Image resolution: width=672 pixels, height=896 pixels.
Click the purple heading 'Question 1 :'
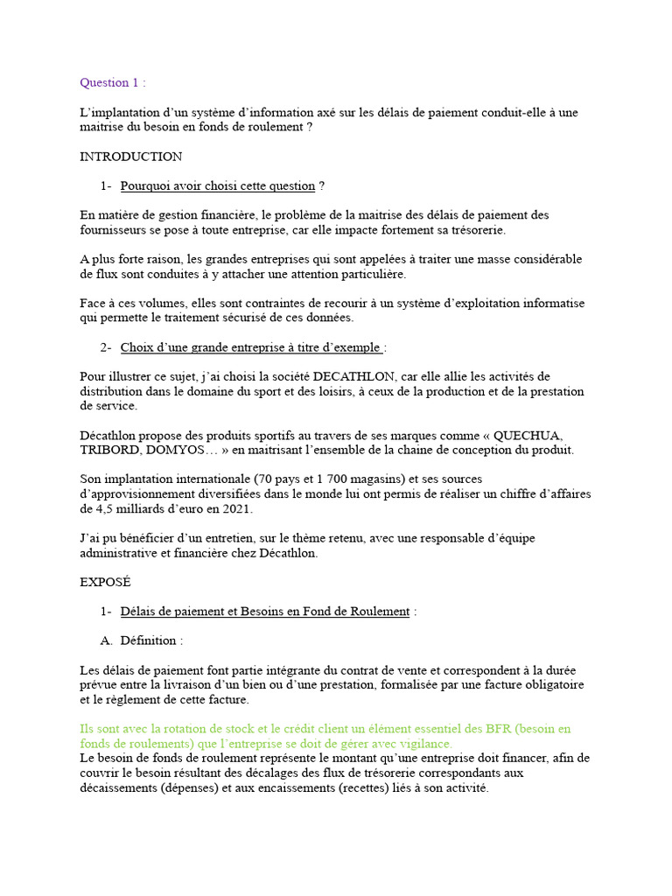(113, 83)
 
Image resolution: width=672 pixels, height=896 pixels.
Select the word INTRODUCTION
(130, 157)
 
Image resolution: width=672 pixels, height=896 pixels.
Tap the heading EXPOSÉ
(106, 581)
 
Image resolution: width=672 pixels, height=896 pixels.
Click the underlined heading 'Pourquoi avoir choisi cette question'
(217, 185)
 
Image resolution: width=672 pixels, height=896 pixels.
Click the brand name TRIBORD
(108, 450)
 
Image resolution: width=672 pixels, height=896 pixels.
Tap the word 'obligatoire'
(550, 685)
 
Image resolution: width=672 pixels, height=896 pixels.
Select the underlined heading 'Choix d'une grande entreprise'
(250, 347)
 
